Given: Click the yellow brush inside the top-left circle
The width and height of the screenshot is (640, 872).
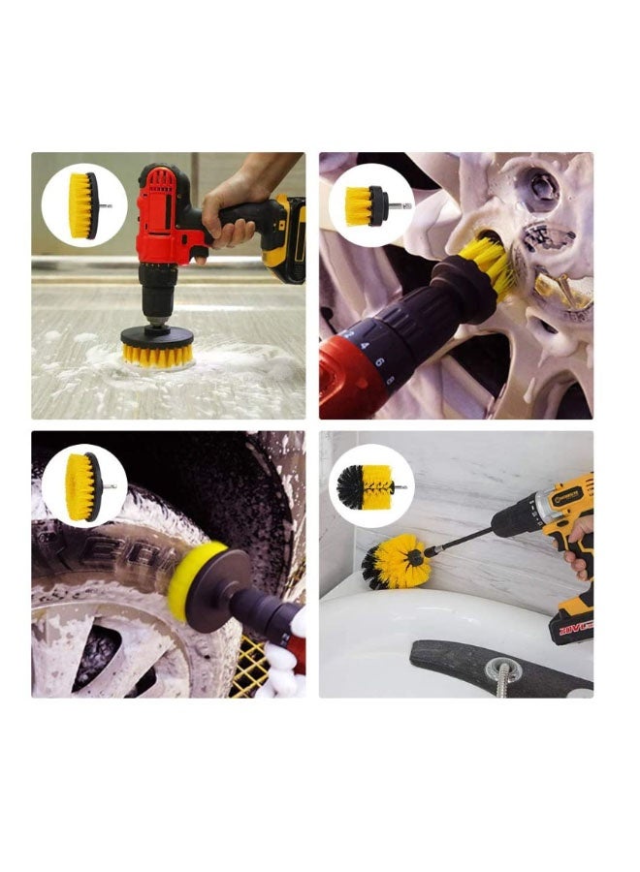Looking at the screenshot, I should click(84, 205).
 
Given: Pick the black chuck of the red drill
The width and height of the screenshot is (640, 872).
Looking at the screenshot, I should click(156, 291).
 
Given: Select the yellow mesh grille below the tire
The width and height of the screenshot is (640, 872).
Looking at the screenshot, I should click(250, 667).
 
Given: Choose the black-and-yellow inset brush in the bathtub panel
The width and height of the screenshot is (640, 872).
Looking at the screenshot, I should click(368, 484).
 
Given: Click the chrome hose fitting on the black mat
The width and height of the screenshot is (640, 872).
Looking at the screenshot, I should click(503, 672).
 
